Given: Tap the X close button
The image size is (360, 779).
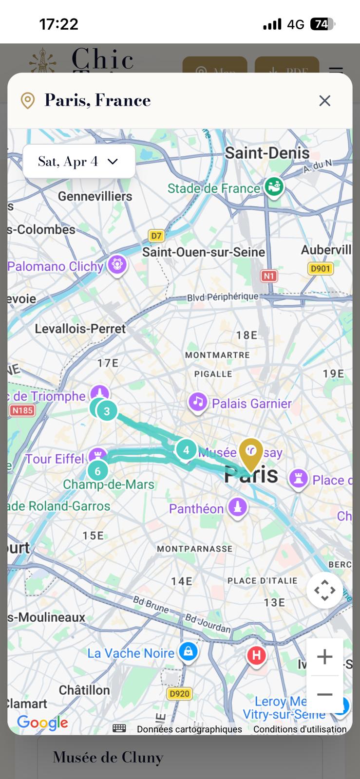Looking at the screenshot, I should click(324, 100).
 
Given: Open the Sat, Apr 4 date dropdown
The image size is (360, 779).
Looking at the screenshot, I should click(79, 162).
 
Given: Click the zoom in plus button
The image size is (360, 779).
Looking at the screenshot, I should click(324, 657).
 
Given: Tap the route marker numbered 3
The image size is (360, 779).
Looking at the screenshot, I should click(107, 411).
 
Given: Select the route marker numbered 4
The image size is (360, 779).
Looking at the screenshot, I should click(186, 450).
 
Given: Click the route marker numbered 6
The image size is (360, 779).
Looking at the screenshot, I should click(98, 471).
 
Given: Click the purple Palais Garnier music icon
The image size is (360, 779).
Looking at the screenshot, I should click(197, 403).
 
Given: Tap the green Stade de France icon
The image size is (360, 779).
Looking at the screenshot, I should click(274, 187).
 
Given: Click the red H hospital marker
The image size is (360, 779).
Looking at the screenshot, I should click(256, 655).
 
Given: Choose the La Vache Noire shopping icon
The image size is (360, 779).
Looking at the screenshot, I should click(188, 651).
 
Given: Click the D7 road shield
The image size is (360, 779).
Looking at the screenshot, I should click(156, 236).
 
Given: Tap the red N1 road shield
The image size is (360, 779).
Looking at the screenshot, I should click(269, 276).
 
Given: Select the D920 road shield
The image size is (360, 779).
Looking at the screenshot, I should click(179, 693).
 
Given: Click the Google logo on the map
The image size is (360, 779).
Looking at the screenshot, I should click(42, 723).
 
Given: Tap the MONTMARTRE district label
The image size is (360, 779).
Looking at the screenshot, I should click(217, 355).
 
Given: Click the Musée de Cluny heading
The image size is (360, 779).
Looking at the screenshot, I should click(108, 758).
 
